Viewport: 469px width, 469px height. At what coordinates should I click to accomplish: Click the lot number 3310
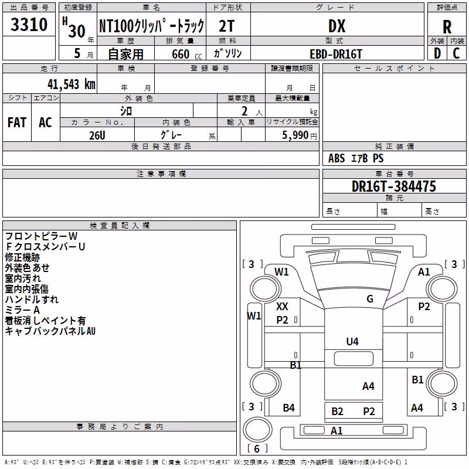[29, 25]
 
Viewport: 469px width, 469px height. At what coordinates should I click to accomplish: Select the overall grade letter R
[447, 27]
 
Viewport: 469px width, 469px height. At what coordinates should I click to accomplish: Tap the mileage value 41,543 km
[72, 84]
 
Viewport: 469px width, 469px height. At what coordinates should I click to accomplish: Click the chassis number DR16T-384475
[394, 186]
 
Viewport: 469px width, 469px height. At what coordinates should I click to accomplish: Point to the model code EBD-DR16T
[336, 54]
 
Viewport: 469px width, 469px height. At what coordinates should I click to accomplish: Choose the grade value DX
[337, 26]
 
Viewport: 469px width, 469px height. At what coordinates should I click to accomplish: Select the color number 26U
[97, 135]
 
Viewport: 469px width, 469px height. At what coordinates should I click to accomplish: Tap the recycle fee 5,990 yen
[300, 135]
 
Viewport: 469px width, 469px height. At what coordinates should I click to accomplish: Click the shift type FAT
[17, 123]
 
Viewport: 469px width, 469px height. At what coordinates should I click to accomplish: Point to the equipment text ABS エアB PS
[356, 158]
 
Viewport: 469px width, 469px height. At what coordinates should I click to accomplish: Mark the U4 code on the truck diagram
[352, 341]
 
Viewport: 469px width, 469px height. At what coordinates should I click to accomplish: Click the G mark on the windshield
[370, 298]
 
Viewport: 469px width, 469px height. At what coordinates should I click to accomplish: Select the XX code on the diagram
[282, 306]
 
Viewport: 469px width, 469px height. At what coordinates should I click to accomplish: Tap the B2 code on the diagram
[337, 412]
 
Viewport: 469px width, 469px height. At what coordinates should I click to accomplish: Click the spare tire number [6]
[257, 448]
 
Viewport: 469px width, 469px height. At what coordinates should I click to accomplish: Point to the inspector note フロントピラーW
[41, 236]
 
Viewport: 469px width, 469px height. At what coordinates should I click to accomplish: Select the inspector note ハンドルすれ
[32, 299]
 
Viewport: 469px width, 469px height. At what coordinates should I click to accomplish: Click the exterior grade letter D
[437, 53]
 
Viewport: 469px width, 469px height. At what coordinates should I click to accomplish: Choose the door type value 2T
[227, 26]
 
